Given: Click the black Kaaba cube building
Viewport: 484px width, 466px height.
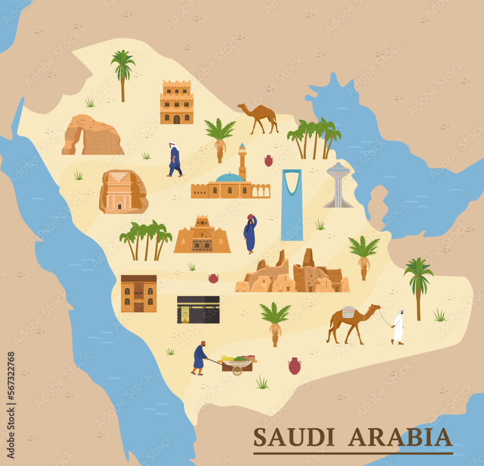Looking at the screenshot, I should pyautogui.click(x=198, y=309).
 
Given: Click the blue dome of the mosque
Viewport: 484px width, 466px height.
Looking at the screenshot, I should pyautogui.click(x=229, y=178).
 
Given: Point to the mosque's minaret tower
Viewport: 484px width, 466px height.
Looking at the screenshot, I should pyautogui.click(x=242, y=162).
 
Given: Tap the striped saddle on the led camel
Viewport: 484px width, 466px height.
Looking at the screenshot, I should pyautogui.click(x=348, y=312).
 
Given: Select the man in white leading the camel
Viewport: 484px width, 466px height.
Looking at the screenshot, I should pyautogui.click(x=398, y=327).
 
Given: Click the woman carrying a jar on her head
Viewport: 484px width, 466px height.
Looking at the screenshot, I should pyautogui.click(x=250, y=234).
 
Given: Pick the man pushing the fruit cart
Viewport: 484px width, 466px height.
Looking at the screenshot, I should pyautogui.click(x=199, y=358).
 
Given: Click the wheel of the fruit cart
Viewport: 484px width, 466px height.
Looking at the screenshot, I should pyautogui.click(x=237, y=370).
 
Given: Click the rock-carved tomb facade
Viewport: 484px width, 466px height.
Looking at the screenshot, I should pyautogui.click(x=122, y=192).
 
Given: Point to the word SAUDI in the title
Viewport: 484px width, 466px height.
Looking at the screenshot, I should pyautogui.click(x=294, y=437).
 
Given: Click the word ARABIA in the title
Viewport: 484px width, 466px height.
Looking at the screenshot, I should pyautogui.click(x=400, y=437).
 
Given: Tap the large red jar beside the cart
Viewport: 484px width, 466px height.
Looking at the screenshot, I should pyautogui.click(x=294, y=366).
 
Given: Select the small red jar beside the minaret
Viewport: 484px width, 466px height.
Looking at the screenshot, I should pyautogui.click(x=269, y=161).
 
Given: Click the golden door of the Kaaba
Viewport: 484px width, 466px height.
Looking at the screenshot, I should pyautogui.click(x=185, y=314).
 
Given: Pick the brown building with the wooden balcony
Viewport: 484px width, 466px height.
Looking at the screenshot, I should pyautogui.click(x=138, y=293).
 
